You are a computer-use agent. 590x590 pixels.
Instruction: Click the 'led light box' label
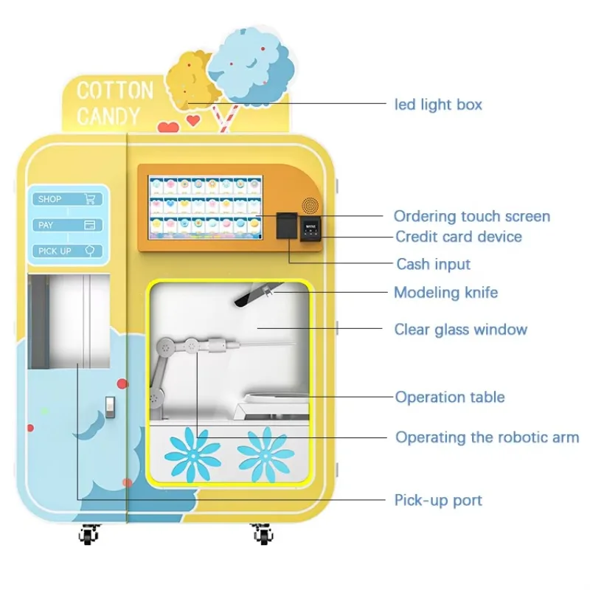[x=439, y=104]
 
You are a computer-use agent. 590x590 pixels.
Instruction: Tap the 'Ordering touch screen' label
[x=471, y=216]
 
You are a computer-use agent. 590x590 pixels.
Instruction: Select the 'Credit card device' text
[x=458, y=237]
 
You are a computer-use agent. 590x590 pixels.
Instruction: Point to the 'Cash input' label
[x=433, y=264]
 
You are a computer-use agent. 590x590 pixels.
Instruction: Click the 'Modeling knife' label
[x=445, y=292]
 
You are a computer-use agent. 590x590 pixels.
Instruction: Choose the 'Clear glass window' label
[x=460, y=329]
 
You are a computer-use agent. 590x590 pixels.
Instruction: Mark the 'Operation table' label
[x=450, y=397]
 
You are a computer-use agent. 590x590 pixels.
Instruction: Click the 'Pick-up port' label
[x=438, y=500]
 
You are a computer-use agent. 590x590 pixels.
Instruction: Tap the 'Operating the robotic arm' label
[x=487, y=437]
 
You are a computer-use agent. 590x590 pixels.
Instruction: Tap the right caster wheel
[x=260, y=532]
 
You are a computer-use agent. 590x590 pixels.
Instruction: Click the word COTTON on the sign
[x=115, y=91]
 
